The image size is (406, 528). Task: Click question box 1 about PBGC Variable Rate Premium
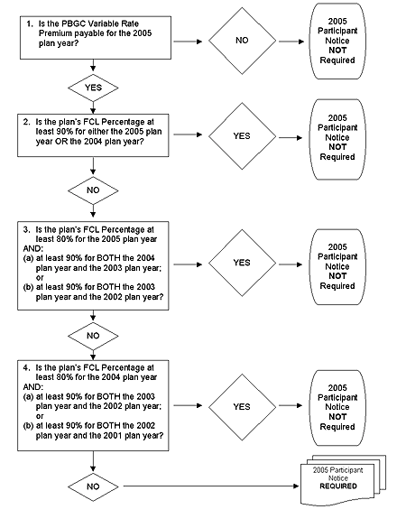coord(96,38)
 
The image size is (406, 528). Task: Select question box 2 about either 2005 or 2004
coord(93,135)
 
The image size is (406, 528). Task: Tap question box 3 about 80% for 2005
coord(93,265)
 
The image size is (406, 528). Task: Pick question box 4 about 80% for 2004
coord(93,405)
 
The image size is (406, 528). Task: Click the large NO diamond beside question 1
coord(242,41)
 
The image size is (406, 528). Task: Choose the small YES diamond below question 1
coord(93,88)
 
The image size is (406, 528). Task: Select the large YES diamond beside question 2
coord(242,136)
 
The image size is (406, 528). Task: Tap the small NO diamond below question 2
coord(93,190)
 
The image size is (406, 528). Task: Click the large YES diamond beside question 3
coord(242,263)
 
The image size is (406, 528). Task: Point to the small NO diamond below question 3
coord(93,336)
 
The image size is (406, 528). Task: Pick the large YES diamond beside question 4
coord(242,407)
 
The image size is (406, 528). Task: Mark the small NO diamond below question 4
coord(93,486)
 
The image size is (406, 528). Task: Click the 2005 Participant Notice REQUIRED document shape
coord(343,480)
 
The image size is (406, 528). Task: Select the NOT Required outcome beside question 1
coord(337,42)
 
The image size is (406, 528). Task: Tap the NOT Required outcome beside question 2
coord(337,139)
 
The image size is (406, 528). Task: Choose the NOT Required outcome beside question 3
coord(337,266)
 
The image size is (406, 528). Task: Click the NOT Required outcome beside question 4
coord(337,408)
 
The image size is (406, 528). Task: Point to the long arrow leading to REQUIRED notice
coord(211,486)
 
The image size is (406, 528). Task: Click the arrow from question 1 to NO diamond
coord(188,42)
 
